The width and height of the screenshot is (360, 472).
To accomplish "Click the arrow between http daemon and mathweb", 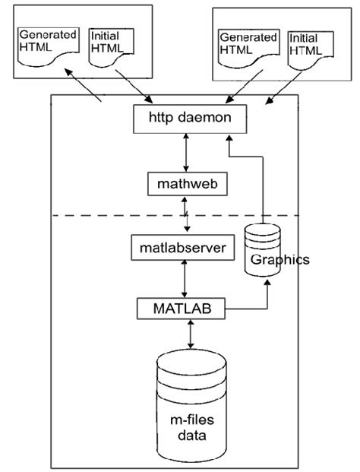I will pyautogui.click(x=185, y=151).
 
